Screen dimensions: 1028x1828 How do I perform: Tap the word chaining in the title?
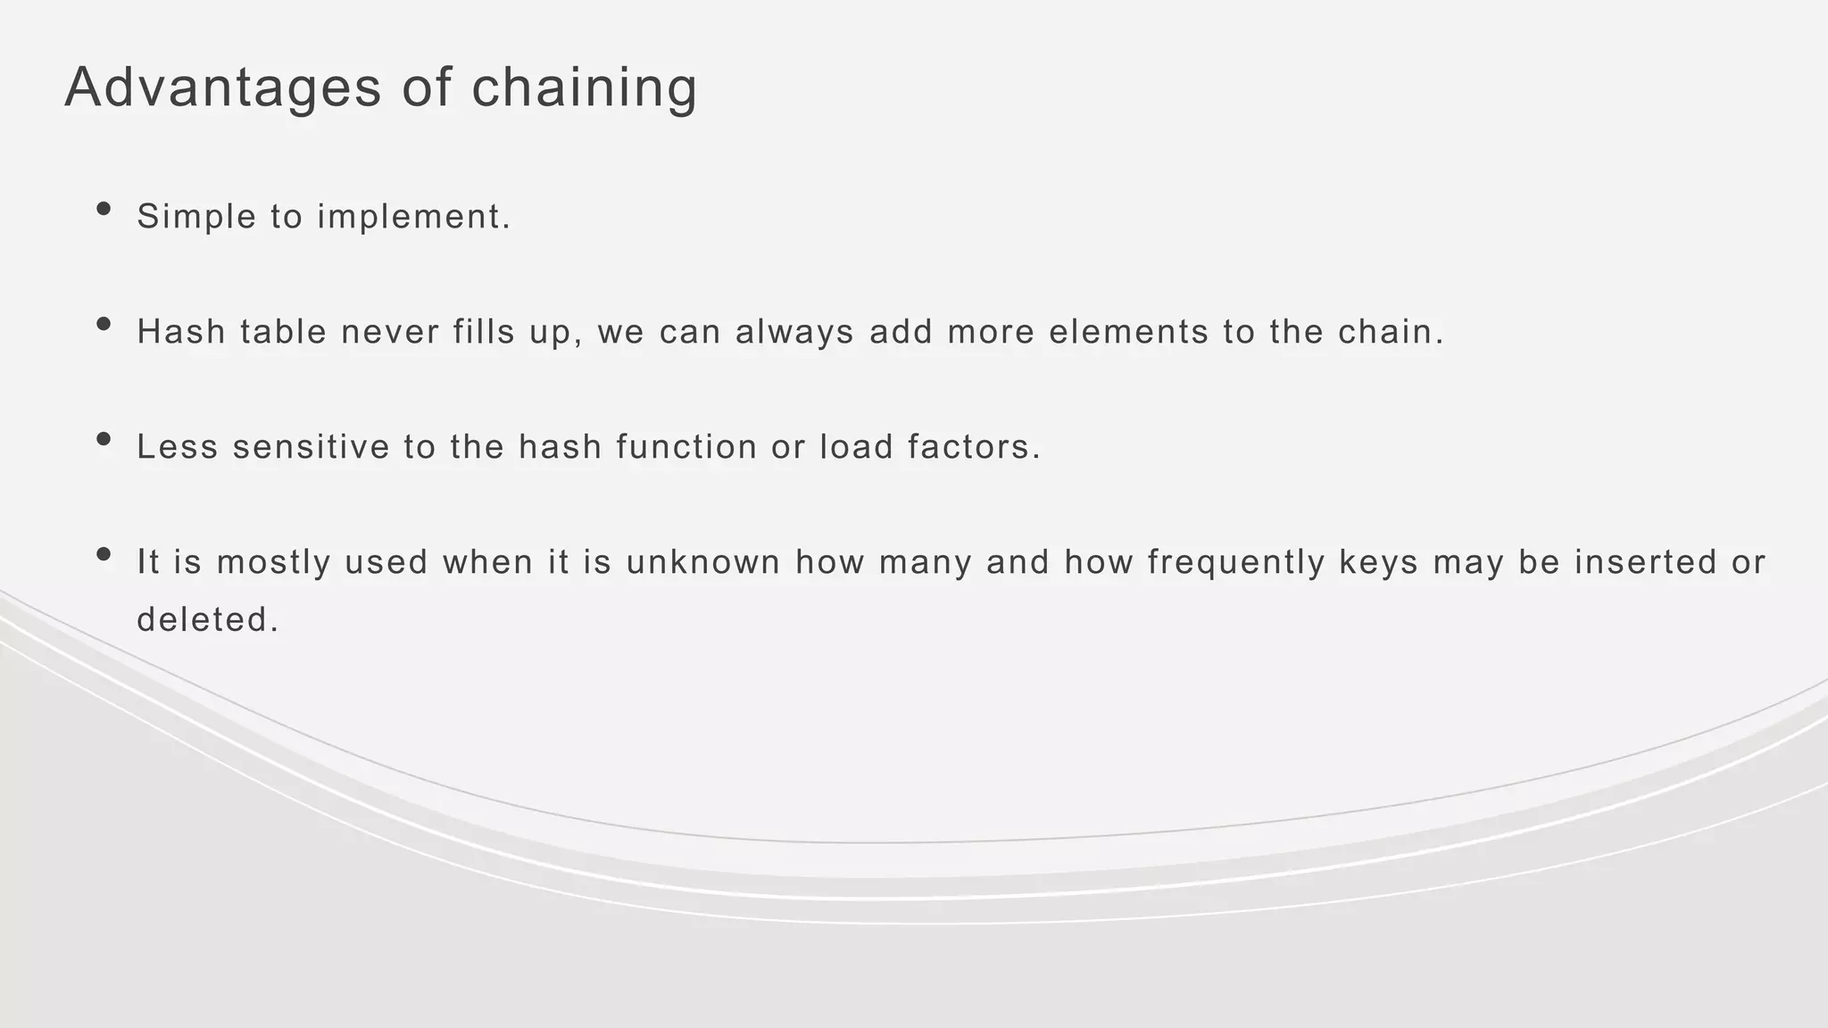pyautogui.click(x=584, y=88)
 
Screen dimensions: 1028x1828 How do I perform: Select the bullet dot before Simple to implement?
pyautogui.click(x=104, y=209)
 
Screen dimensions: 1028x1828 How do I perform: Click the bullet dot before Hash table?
pyautogui.click(x=104, y=324)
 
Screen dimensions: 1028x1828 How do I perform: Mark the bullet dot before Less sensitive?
pyautogui.click(x=104, y=439)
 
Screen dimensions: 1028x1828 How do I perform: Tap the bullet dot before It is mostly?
pyautogui.click(x=104, y=554)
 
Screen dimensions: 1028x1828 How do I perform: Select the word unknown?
pyautogui.click(x=703, y=562)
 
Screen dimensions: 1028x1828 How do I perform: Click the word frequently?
pyautogui.click(x=1236, y=563)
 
